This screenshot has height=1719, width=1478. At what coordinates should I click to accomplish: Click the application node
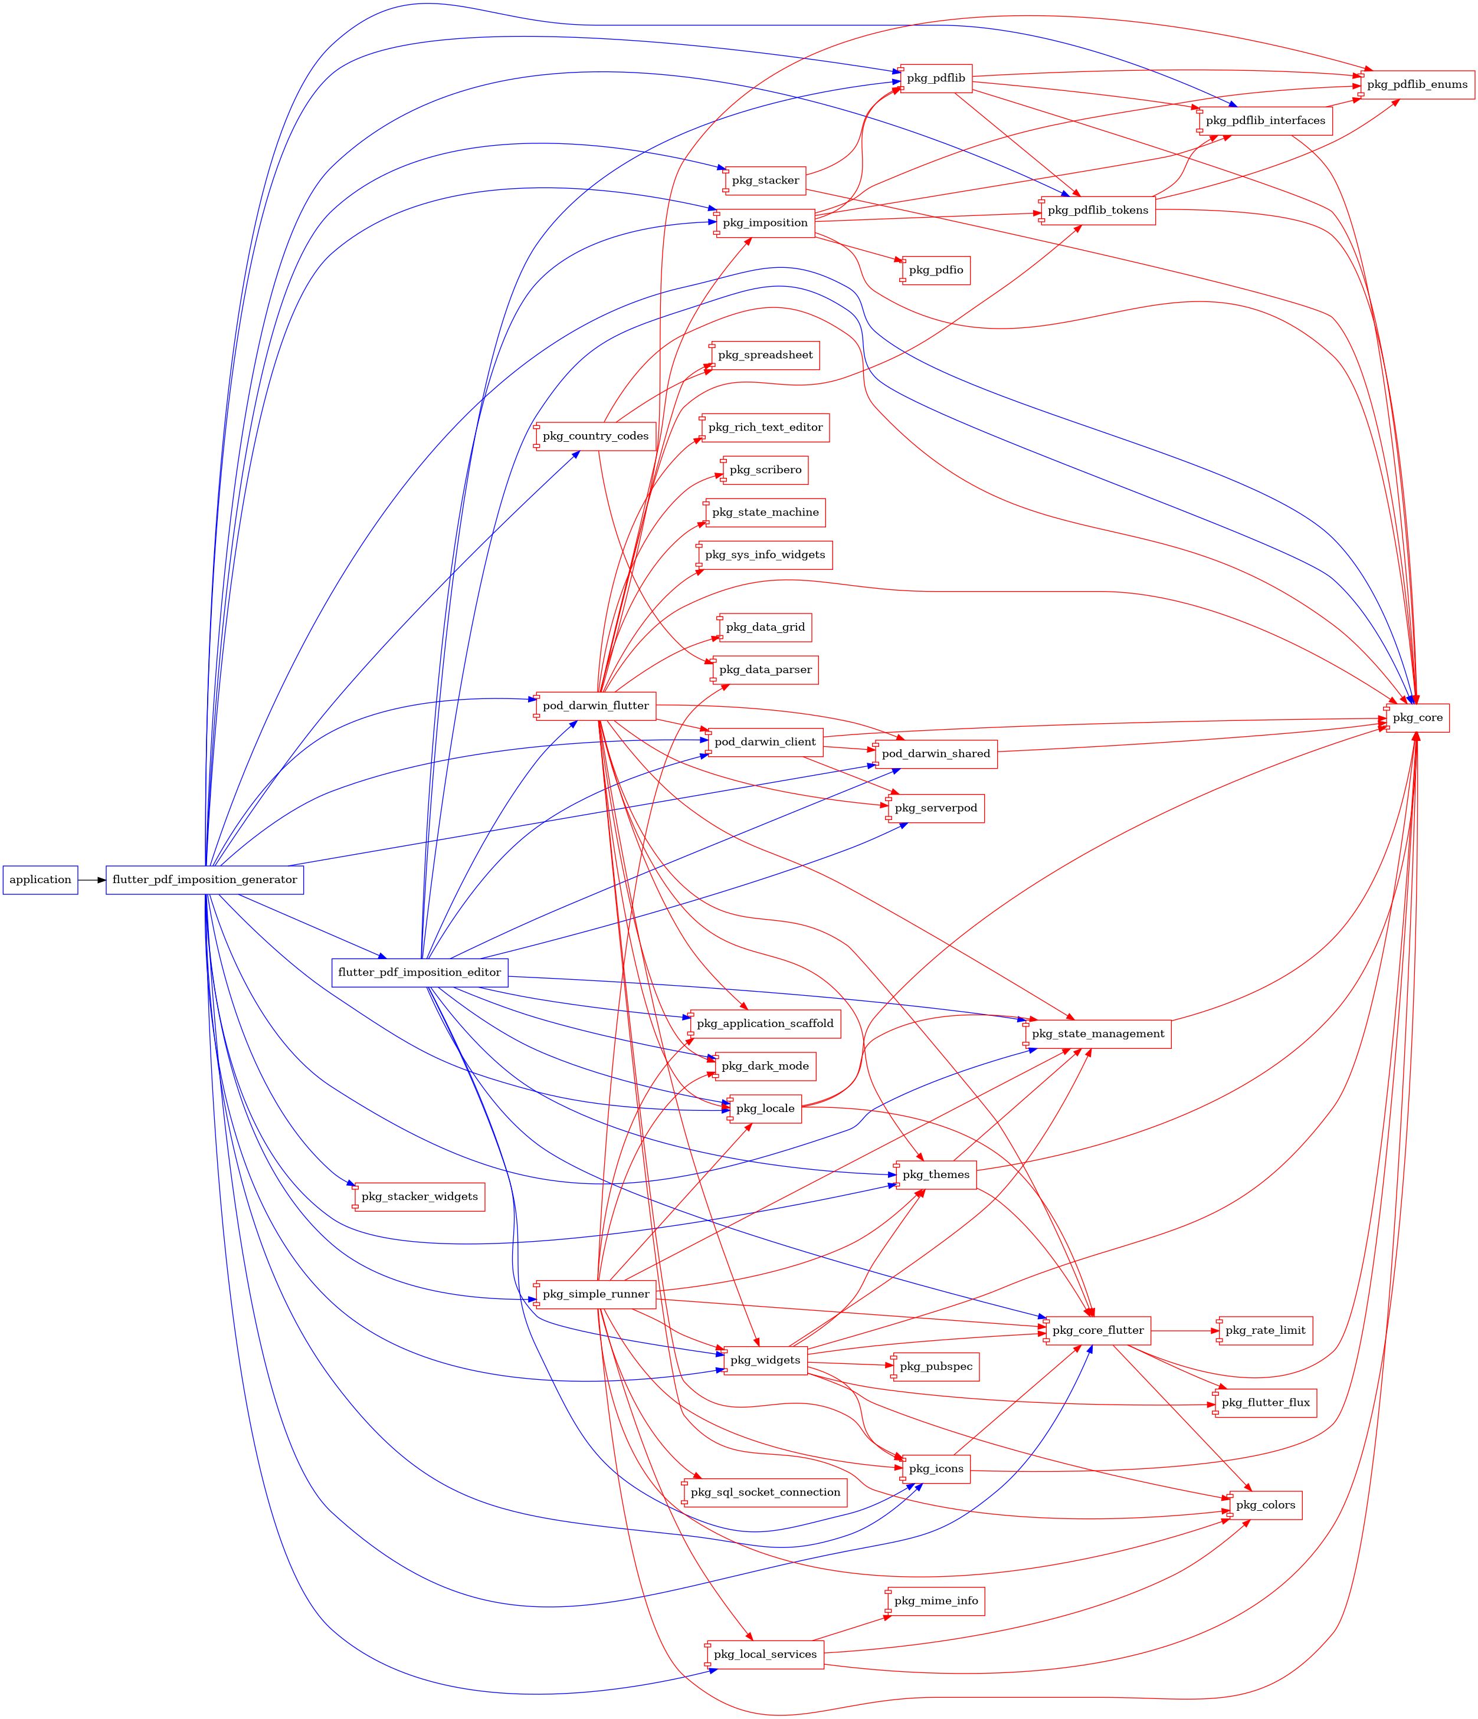coord(40,880)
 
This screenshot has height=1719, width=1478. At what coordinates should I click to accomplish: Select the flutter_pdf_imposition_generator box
coord(204,880)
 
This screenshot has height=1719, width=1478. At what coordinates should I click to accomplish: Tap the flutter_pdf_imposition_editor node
coord(419,972)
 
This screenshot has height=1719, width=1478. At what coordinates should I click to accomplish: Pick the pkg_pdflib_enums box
coord(1417,84)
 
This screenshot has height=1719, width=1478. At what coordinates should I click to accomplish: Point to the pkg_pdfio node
coord(936,270)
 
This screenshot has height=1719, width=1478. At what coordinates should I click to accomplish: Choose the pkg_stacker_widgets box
coord(419,1196)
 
